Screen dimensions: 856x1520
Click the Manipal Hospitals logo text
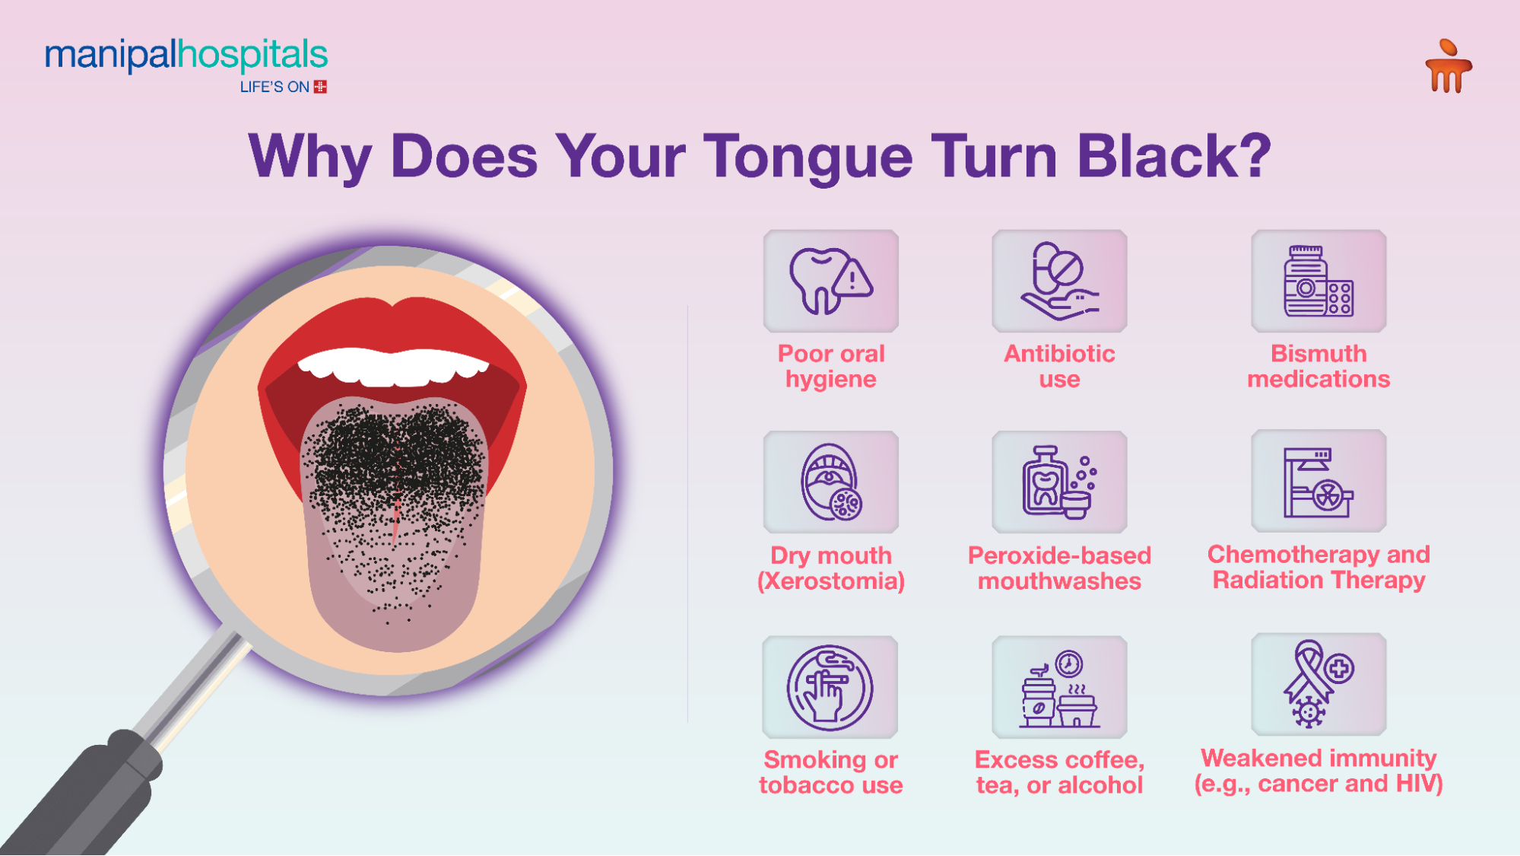[x=186, y=56]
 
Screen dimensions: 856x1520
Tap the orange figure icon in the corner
[x=1448, y=67]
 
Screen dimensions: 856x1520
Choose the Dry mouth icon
[x=830, y=482]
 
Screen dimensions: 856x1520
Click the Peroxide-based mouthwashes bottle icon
[x=1059, y=482]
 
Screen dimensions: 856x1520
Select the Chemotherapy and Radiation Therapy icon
[x=1318, y=481]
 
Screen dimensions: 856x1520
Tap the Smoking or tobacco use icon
[x=830, y=687]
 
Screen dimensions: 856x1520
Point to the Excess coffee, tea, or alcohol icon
[x=1059, y=687]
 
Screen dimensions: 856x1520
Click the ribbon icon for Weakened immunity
[x=1318, y=684]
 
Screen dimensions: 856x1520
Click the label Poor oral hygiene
[x=830, y=366]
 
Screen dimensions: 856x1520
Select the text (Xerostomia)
[x=830, y=581]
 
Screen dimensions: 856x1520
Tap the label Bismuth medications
[x=1318, y=366]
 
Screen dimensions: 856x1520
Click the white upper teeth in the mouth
[x=393, y=367]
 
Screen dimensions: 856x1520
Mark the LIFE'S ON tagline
[x=274, y=88]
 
